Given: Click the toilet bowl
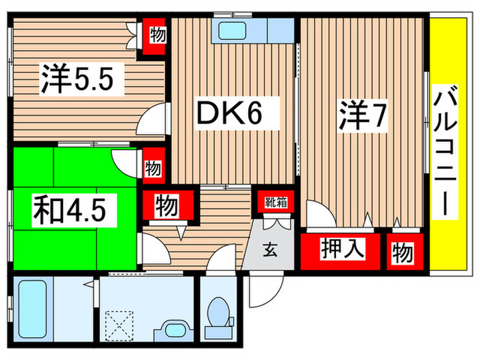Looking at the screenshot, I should coord(217,312).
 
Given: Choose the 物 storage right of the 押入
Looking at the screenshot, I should coord(403,253).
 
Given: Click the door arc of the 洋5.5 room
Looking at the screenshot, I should coord(152,121).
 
